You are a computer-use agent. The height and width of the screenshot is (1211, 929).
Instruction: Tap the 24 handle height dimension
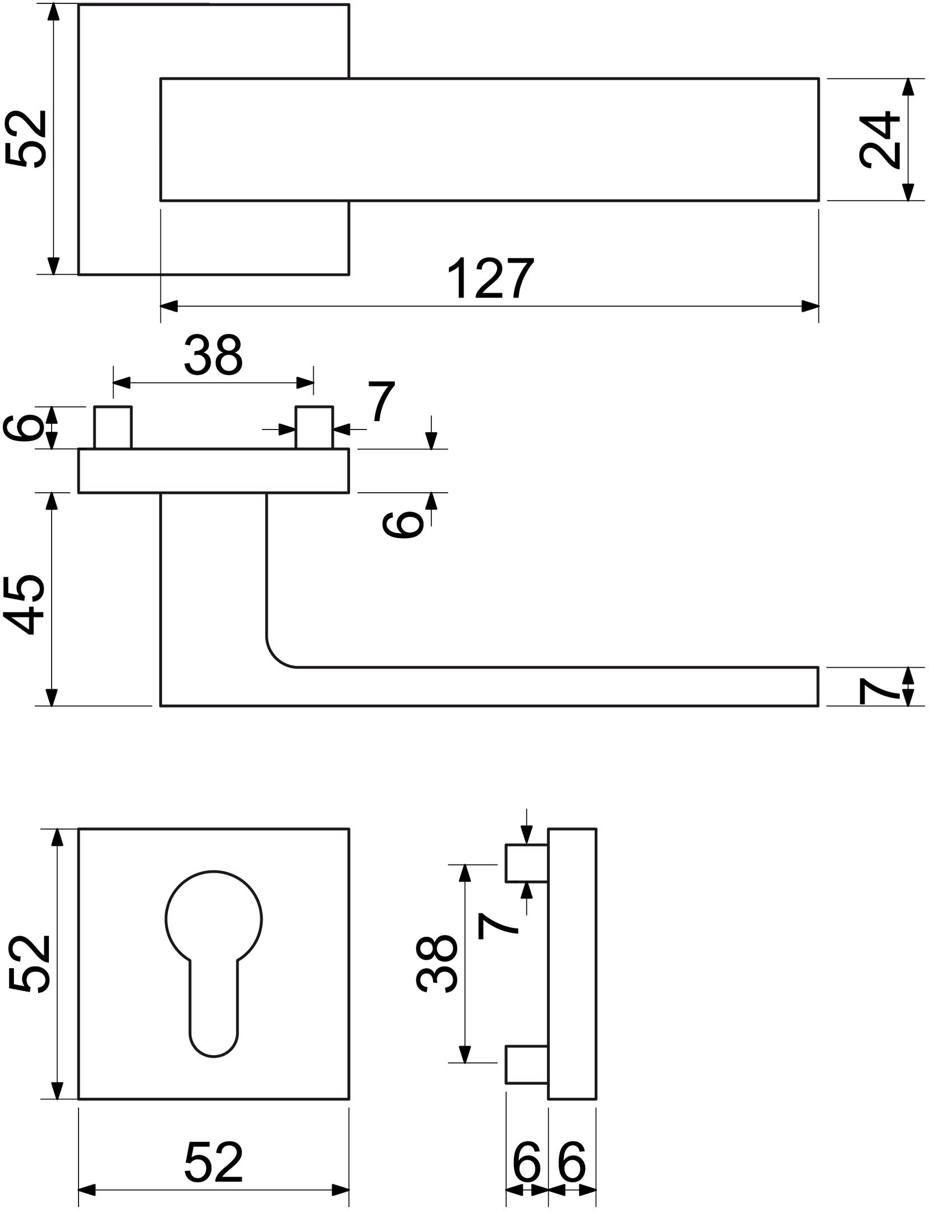coord(879,140)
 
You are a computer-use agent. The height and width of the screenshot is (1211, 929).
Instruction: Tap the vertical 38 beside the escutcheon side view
coord(437,964)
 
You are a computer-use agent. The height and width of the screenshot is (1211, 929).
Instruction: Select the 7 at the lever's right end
coord(879,686)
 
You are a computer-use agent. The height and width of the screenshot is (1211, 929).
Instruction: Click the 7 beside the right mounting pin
coord(381,401)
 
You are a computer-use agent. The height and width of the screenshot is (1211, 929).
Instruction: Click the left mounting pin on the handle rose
coord(113,427)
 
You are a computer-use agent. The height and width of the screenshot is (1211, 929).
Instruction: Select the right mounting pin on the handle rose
coord(314,427)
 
